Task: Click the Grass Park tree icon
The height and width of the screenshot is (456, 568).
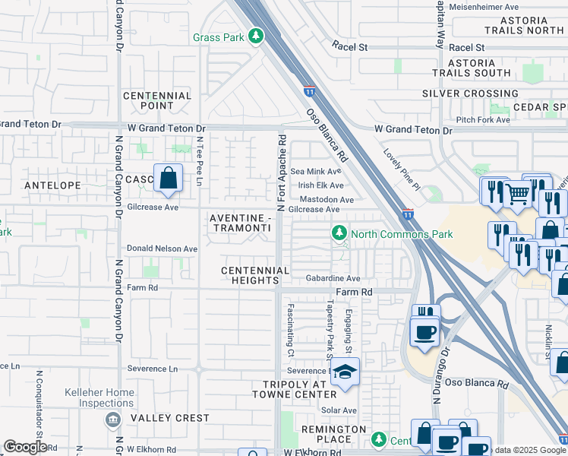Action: click(x=257, y=36)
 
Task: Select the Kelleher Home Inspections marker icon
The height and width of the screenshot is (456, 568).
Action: click(x=112, y=419)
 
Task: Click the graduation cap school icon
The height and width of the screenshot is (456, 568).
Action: click(x=345, y=372)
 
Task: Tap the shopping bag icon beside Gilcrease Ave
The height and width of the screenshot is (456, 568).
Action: click(x=168, y=179)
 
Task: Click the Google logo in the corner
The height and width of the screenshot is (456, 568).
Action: click(x=25, y=447)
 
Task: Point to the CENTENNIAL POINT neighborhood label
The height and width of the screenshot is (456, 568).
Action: click(x=156, y=101)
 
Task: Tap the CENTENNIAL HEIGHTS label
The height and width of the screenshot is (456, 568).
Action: click(x=255, y=275)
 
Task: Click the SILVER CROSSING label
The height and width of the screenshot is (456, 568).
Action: click(x=470, y=93)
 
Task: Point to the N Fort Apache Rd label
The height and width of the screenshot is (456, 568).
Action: click(x=281, y=173)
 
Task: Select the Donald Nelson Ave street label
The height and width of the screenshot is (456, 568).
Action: click(x=162, y=249)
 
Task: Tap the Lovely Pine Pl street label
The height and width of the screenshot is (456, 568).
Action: click(x=402, y=169)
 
